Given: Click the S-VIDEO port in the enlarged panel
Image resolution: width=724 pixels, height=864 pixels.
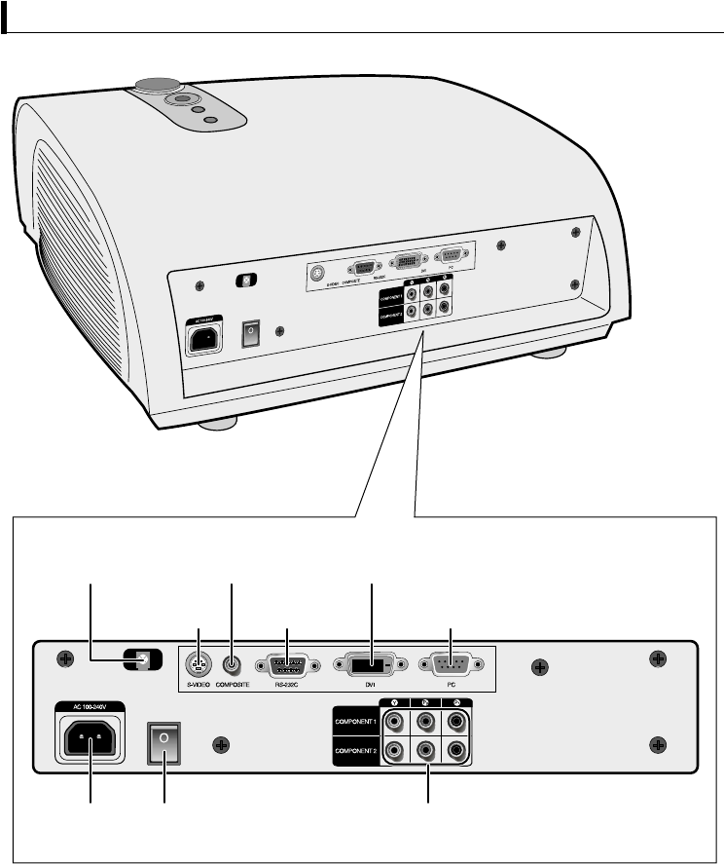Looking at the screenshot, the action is pyautogui.click(x=199, y=666).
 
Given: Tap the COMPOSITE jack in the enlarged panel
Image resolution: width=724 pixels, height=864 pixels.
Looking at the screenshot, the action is pyautogui.click(x=232, y=666).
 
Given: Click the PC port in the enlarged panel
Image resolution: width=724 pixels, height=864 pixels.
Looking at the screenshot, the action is pyautogui.click(x=451, y=666).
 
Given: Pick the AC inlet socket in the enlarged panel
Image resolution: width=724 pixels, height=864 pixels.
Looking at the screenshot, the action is pyautogui.click(x=92, y=744).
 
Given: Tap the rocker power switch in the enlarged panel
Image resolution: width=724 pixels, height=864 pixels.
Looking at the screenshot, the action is pyautogui.click(x=163, y=743).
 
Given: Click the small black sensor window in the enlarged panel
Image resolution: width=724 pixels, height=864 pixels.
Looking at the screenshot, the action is pyautogui.click(x=143, y=659).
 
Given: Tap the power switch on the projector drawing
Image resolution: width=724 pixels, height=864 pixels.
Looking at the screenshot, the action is pyautogui.click(x=249, y=331).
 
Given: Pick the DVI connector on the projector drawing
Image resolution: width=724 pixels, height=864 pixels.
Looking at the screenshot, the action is pyautogui.click(x=407, y=262).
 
